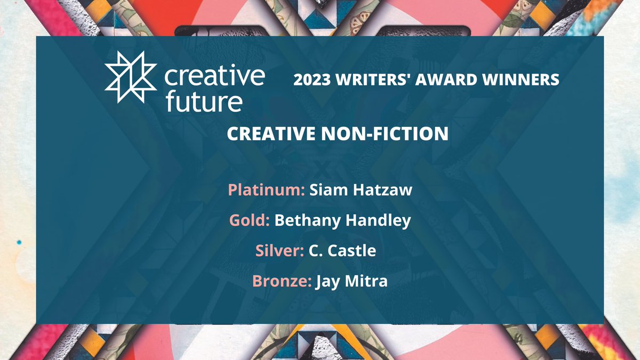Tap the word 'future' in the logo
[203, 101]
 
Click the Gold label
[249, 221]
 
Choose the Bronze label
[282, 281]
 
